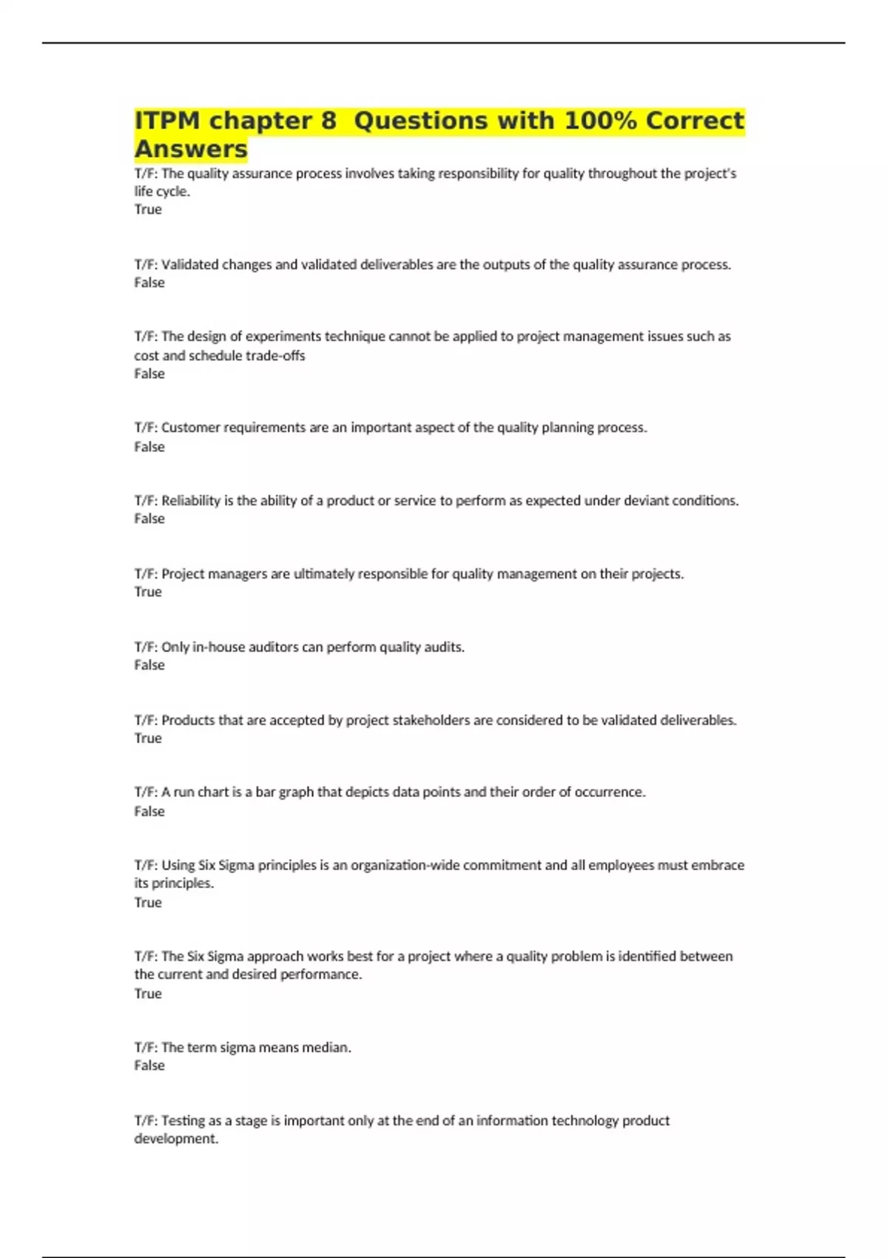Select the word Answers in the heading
(191, 149)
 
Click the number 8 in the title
(329, 121)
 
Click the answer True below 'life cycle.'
(148, 209)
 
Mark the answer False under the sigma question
(149, 1066)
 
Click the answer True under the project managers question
(148, 592)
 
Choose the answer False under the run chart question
(149, 812)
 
